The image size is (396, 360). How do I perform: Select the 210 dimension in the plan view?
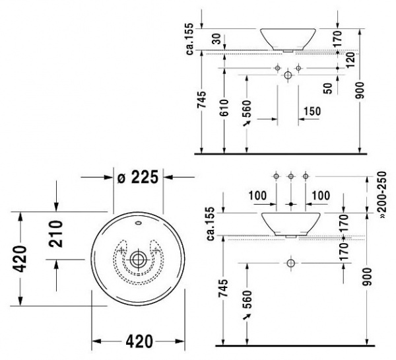(57, 236)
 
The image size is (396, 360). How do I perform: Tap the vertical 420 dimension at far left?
(20, 259)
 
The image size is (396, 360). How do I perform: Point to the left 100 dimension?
(258, 196)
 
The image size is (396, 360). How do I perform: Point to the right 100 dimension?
(320, 196)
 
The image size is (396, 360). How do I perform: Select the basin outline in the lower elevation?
(290, 224)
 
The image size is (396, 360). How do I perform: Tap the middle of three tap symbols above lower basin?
(290, 176)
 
